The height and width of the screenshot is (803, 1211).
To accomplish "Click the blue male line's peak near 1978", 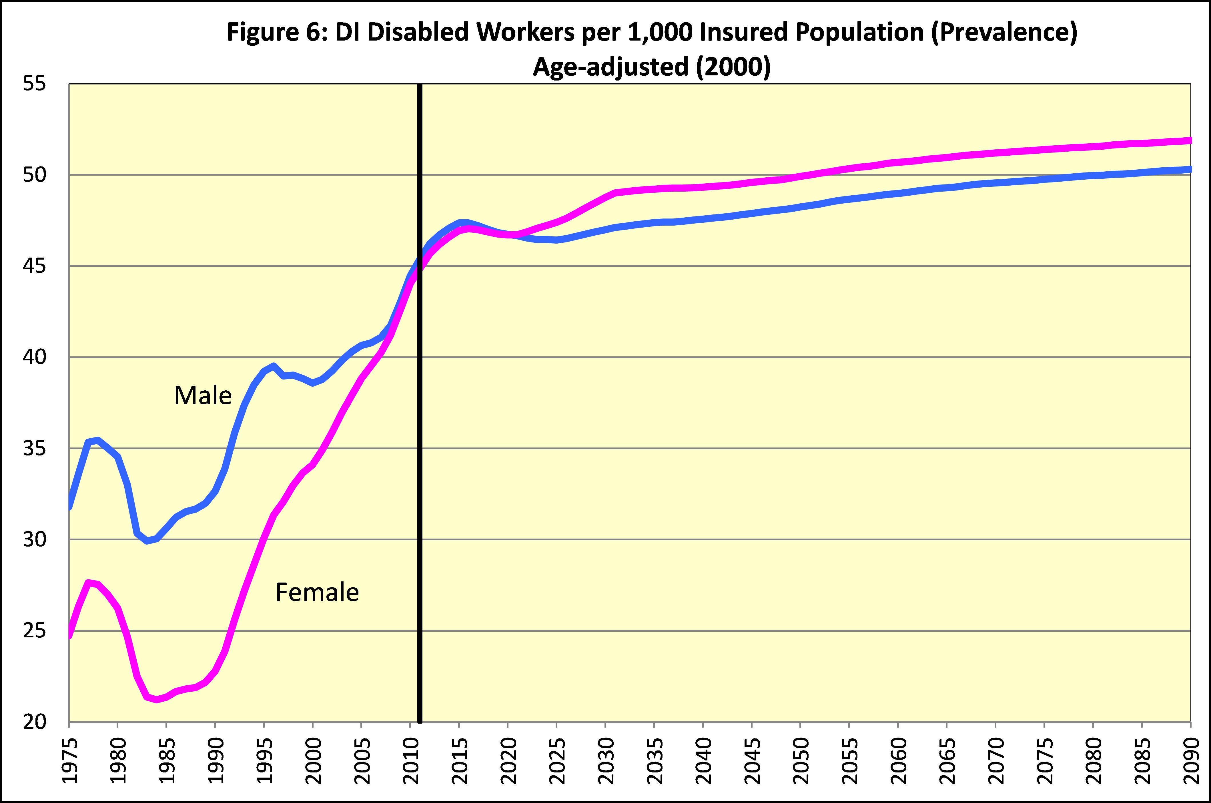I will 97,440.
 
